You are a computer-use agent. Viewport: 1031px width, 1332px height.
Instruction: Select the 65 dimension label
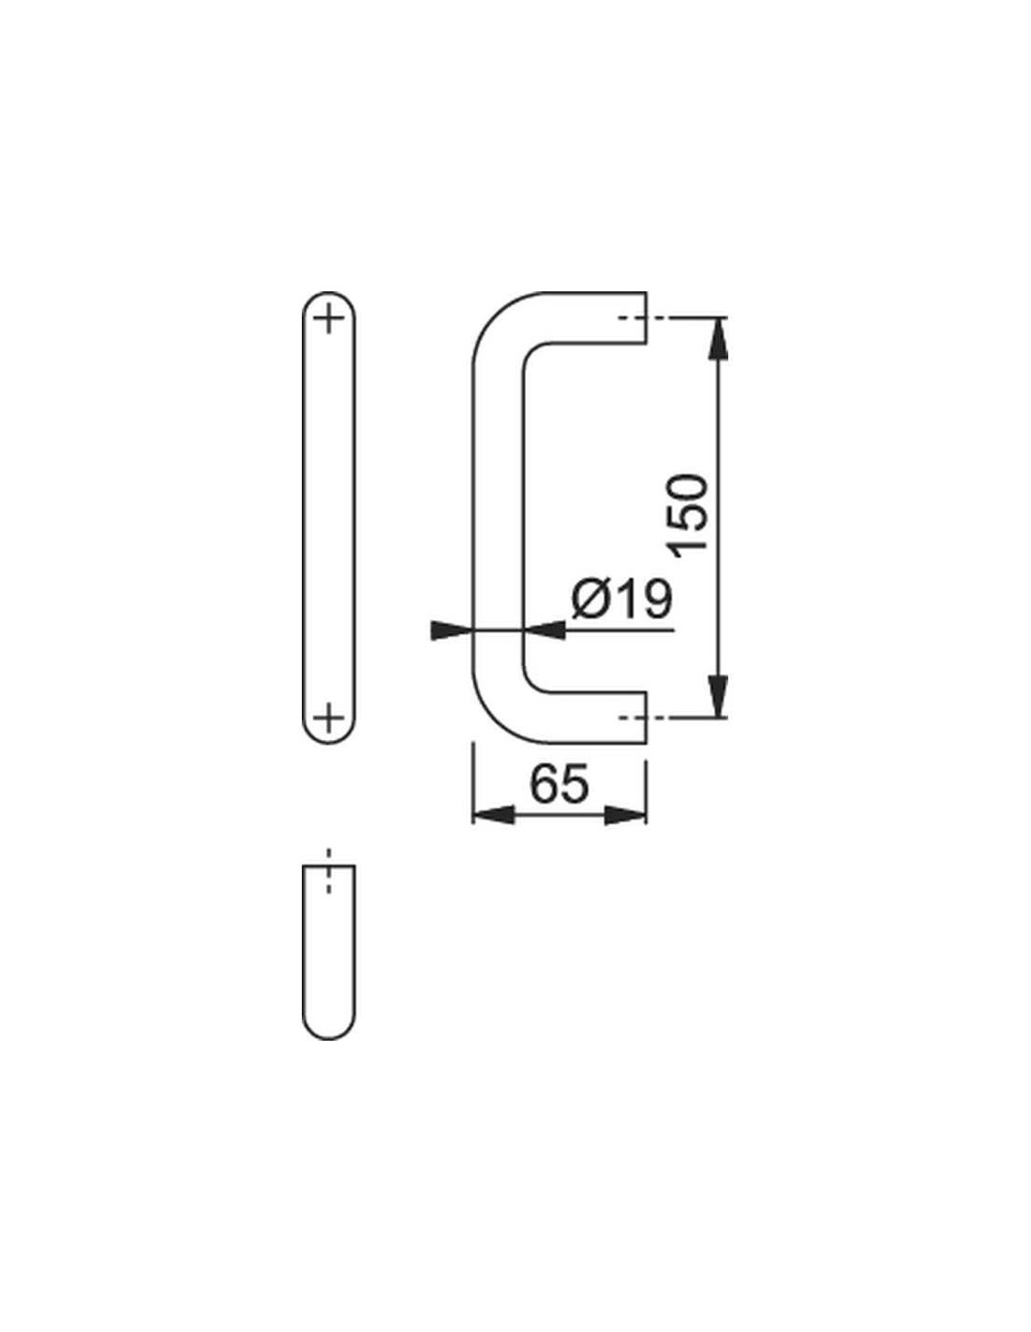tap(559, 783)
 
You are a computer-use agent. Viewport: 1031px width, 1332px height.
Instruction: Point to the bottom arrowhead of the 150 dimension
tap(718, 696)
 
